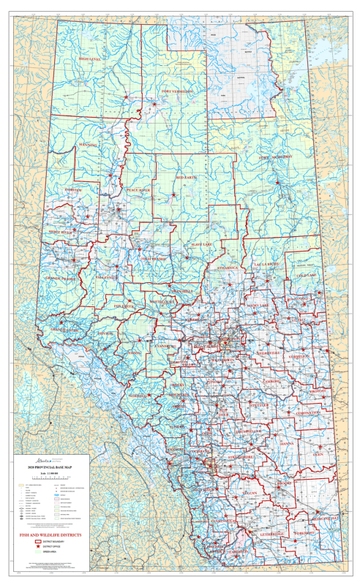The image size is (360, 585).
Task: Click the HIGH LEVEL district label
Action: click(93, 58)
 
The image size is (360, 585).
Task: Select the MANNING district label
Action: click(87, 146)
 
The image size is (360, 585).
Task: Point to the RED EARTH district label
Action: click(189, 178)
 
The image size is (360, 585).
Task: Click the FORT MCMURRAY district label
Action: click(275, 157)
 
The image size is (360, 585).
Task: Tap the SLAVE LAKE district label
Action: click(200, 244)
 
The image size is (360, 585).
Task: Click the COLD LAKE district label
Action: click(303, 275)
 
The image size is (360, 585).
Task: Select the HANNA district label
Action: click(286, 443)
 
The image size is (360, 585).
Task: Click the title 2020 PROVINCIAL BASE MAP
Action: click(45, 466)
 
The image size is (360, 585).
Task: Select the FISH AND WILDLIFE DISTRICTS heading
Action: click(51, 535)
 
